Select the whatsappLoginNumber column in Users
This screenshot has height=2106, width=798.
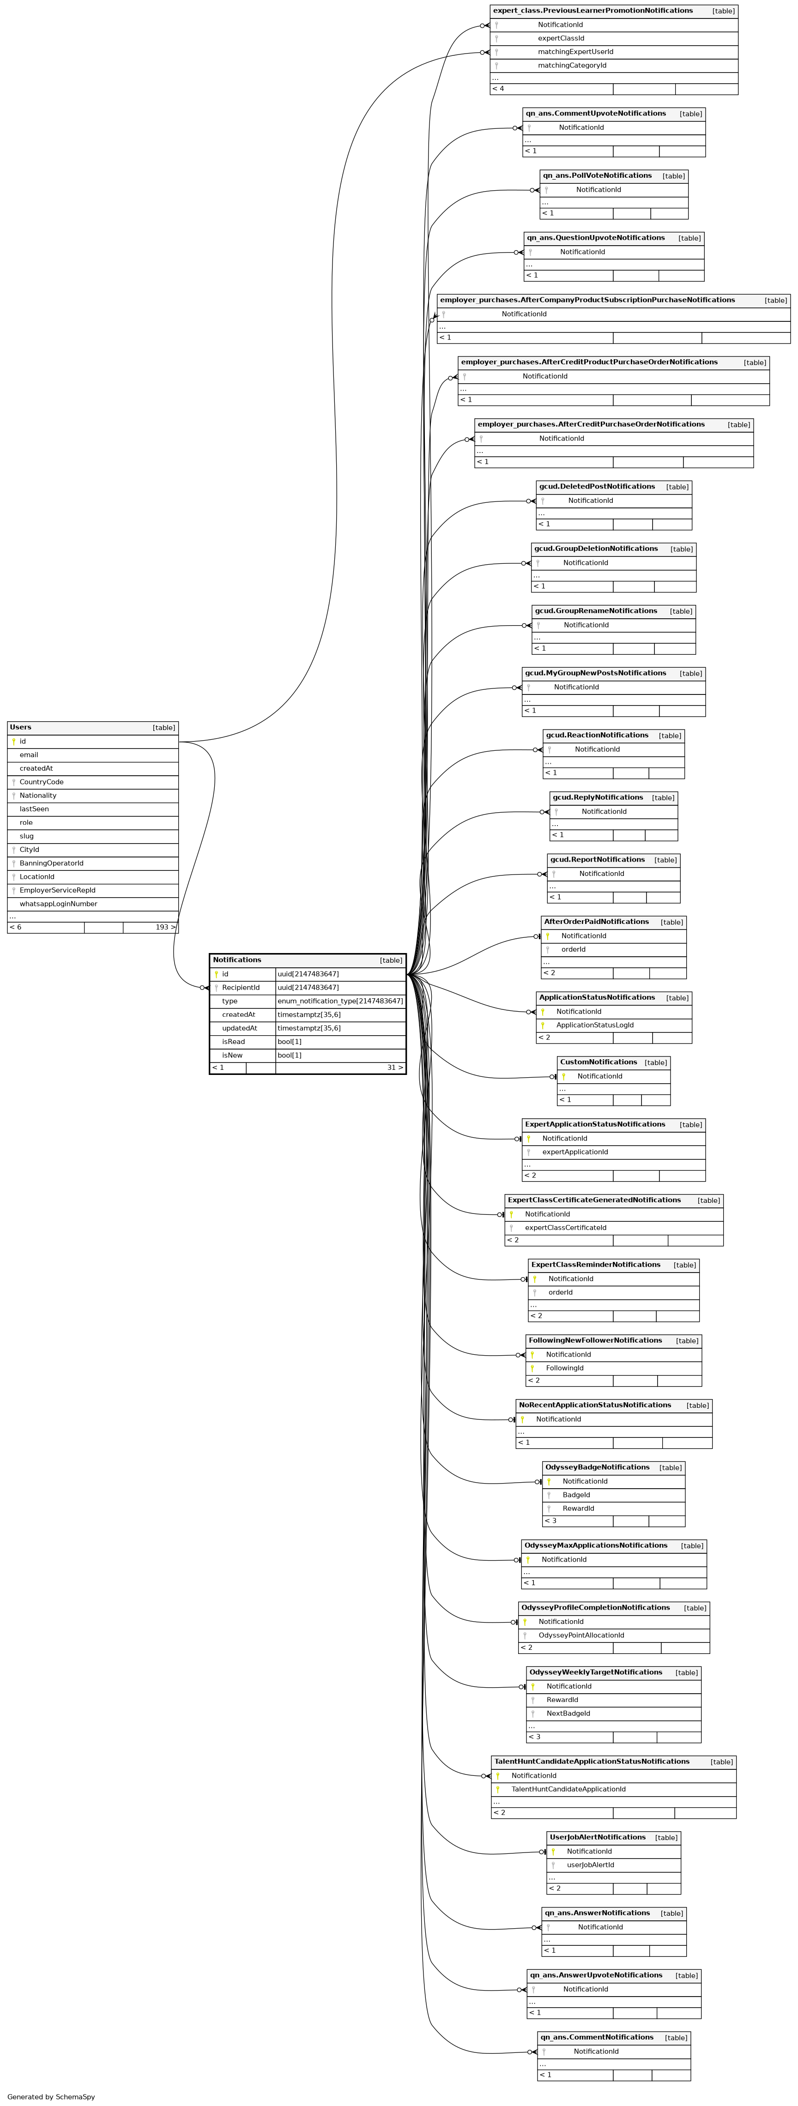[58, 903]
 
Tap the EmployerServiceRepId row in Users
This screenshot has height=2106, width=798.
[57, 889]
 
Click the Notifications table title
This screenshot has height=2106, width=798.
[237, 960]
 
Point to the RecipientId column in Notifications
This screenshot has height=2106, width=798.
[241, 987]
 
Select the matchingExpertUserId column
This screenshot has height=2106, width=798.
[575, 52]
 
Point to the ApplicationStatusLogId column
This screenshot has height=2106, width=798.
[594, 1025]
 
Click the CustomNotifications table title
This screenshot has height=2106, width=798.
[598, 1062]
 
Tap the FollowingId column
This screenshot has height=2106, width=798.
[564, 1368]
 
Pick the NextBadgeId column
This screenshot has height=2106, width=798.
[568, 1713]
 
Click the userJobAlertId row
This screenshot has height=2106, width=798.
[590, 1865]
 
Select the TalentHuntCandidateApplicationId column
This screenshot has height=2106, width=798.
[568, 1789]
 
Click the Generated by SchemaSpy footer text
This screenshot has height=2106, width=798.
[51, 2096]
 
